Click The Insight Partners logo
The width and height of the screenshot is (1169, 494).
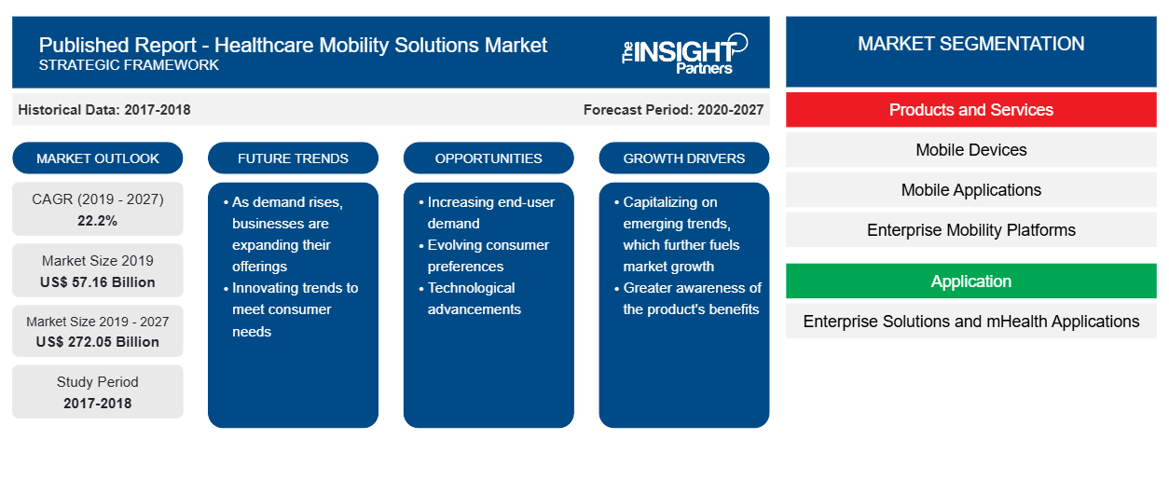[684, 53]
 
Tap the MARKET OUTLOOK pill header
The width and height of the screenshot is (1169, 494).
[98, 158]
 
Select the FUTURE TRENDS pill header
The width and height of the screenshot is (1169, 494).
[293, 158]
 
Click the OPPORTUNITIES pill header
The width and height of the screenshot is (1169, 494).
[488, 158]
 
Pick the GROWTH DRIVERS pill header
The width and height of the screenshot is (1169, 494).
[684, 158]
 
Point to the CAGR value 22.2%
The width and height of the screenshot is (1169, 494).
[98, 221]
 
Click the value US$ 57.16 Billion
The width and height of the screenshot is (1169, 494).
[98, 282]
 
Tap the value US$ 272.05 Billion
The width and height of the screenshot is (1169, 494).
[98, 342]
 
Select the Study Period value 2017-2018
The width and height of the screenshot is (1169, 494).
[98, 404]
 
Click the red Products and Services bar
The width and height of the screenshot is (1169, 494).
[970, 110]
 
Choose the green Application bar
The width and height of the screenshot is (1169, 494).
[970, 281]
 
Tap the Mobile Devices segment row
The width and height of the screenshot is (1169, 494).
[970, 150]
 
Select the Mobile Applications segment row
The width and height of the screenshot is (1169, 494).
[970, 190]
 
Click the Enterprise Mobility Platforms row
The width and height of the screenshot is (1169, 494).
[970, 230]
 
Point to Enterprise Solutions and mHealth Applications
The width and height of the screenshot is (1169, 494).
[970, 322]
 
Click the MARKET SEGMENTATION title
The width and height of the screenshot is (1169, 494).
[970, 44]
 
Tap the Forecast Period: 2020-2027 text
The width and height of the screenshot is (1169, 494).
[673, 110]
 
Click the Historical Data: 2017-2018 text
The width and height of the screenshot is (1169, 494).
[104, 110]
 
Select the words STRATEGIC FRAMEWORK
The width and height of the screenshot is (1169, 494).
[129, 65]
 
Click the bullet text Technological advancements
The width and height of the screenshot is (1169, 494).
[474, 298]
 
